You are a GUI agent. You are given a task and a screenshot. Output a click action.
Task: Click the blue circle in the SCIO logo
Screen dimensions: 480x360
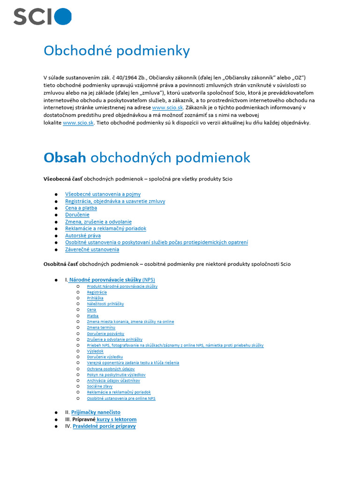click(63, 16)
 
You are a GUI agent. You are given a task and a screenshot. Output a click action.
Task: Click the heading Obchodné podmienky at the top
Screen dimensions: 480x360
click(117, 51)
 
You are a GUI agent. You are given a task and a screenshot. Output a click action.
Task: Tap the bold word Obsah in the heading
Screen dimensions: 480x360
click(65, 157)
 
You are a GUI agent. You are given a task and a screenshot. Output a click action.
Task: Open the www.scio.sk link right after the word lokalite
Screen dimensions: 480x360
click(78, 123)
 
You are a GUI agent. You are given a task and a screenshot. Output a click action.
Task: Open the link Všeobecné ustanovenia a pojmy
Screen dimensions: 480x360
click(103, 194)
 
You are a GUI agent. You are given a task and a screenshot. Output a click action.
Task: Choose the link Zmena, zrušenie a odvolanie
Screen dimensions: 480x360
click(98, 222)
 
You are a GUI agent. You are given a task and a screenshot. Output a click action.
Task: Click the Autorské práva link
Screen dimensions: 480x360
click(82, 236)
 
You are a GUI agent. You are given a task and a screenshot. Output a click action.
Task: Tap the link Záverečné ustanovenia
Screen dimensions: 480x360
click(92, 249)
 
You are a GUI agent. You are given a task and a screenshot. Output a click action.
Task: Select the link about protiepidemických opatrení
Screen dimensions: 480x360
click(157, 242)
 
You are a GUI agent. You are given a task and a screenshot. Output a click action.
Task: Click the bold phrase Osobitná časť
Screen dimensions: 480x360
click(60, 264)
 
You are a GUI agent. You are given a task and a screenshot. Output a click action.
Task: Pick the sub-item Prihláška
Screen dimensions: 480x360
click(95, 298)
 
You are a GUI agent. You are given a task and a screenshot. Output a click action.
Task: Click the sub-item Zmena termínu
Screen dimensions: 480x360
click(101, 328)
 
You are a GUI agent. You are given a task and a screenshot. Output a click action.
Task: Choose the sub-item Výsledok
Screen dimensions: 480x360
click(95, 351)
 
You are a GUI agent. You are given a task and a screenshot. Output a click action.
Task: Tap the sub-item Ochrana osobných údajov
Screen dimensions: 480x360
click(111, 369)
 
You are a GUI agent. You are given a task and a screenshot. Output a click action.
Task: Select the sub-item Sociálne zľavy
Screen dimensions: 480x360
click(99, 386)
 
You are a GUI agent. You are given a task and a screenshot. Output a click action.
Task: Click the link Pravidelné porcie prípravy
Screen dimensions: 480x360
click(104, 427)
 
